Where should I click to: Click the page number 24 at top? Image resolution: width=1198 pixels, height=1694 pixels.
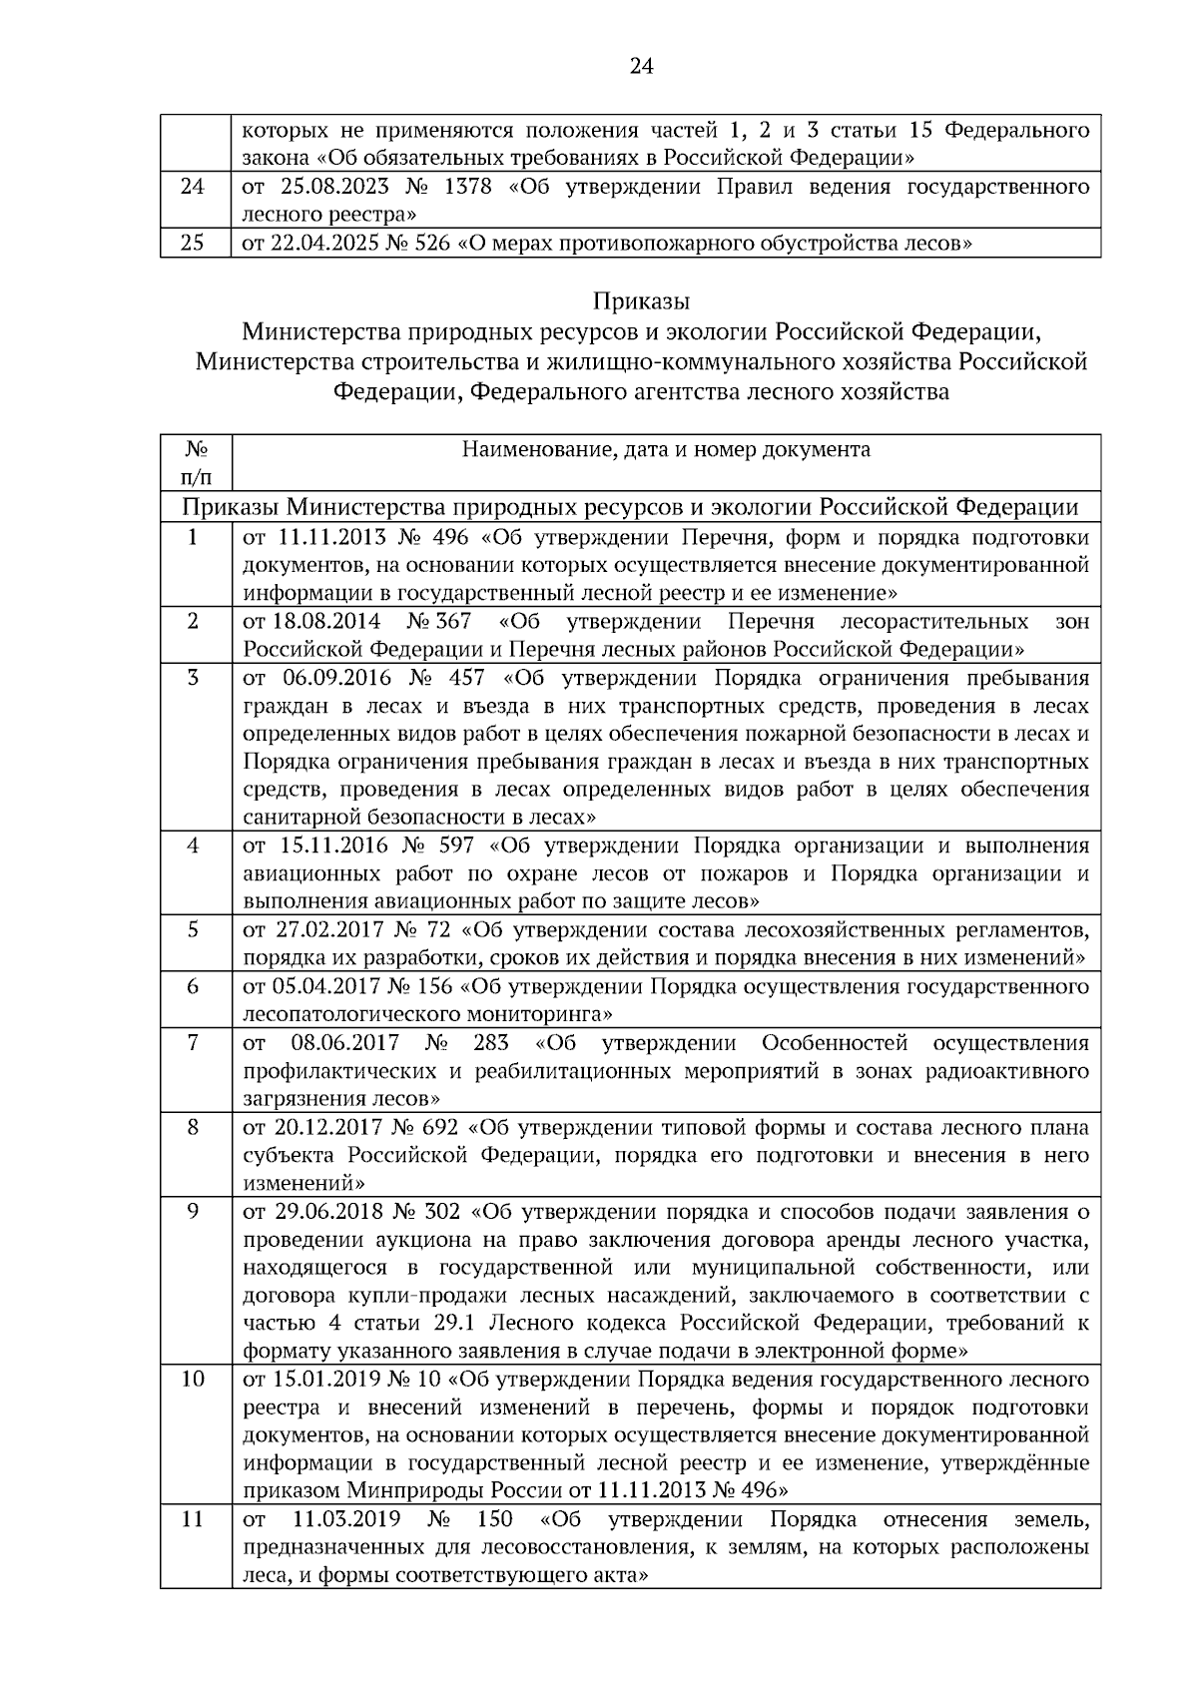[641, 67]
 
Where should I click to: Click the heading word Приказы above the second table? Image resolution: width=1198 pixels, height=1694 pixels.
[641, 300]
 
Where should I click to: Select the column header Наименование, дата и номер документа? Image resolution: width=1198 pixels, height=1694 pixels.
[666, 450]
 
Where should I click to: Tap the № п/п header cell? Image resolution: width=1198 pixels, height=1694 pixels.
[196, 463]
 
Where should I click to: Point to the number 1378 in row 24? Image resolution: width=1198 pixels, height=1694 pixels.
[464, 188]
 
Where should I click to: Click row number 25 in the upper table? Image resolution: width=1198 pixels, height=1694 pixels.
[193, 243]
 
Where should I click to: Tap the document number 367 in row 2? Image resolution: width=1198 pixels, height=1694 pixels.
[452, 622]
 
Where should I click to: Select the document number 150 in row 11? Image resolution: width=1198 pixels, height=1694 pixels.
[496, 1520]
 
